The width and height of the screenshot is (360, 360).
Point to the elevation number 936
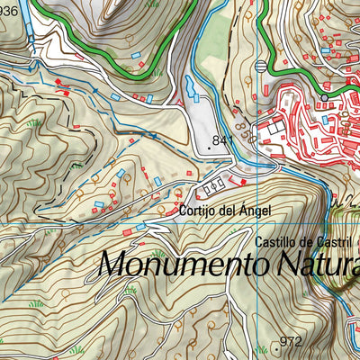point(8,11)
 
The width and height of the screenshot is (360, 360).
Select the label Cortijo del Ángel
point(224,211)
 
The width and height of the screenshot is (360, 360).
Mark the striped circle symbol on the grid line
point(261,65)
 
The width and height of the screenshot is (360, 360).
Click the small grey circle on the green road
point(324,97)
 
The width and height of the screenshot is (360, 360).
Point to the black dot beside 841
point(211,140)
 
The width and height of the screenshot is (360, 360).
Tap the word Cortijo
point(198,211)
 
